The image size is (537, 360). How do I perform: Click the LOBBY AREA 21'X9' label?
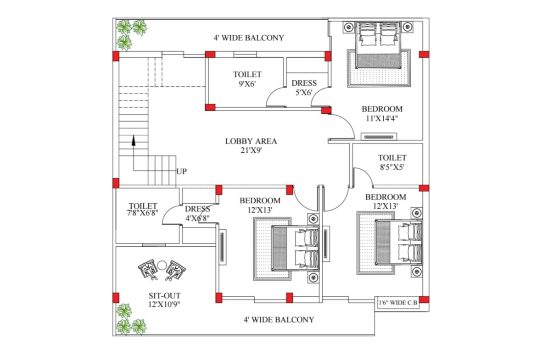tap(251, 145)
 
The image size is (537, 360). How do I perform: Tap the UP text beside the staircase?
tap(182, 172)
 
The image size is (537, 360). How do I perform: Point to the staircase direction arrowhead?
tap(134, 139)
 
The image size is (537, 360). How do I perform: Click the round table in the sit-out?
tap(162, 265)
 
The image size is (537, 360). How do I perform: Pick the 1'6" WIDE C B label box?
tap(398, 303)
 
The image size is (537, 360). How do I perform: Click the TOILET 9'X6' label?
tap(247, 79)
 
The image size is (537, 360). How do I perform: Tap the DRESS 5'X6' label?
tap(304, 88)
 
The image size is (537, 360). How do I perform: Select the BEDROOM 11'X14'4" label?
tap(382, 113)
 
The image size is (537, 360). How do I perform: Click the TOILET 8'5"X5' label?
tap(392, 162)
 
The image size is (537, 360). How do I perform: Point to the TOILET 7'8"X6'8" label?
tap(143, 210)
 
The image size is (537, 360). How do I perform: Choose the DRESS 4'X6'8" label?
tap(197, 214)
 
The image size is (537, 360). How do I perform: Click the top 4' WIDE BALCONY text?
tap(248, 38)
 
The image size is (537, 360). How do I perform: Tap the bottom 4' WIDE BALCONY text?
tap(279, 320)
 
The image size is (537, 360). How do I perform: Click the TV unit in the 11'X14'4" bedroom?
tap(378, 136)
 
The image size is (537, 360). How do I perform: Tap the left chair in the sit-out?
tap(148, 270)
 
